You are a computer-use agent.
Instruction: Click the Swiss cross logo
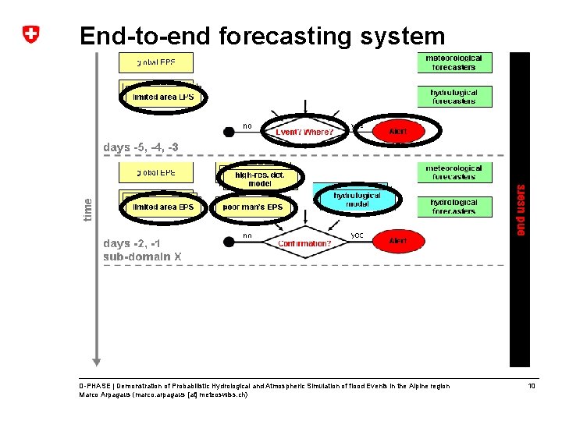(x=30, y=35)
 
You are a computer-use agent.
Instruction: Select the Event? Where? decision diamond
(x=304, y=132)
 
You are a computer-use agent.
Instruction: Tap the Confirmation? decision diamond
(x=304, y=243)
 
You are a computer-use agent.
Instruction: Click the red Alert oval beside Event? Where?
(x=398, y=131)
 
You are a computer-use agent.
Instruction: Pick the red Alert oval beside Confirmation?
(x=398, y=242)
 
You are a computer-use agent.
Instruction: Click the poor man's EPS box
(x=253, y=207)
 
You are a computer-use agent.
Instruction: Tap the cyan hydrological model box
(x=357, y=199)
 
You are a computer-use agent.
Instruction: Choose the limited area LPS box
(x=163, y=97)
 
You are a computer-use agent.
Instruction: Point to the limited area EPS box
(x=163, y=207)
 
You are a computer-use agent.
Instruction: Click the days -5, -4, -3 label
(x=141, y=147)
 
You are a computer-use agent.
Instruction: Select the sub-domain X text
(x=143, y=256)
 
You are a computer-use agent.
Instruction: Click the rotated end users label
(x=521, y=209)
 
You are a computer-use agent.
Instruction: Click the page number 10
(x=532, y=386)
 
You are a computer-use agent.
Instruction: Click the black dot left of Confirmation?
(x=229, y=242)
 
